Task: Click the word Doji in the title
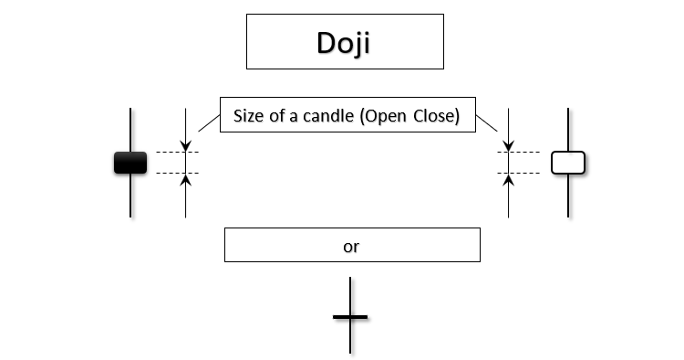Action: click(343, 43)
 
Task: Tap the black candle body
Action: click(130, 163)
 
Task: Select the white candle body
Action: click(568, 163)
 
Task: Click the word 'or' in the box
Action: click(352, 246)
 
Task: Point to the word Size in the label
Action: click(251, 116)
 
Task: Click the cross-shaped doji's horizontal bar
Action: click(351, 317)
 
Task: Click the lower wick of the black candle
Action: click(130, 196)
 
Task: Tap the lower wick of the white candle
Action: click(568, 196)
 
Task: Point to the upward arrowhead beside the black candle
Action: click(185, 179)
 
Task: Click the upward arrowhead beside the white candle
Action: click(509, 179)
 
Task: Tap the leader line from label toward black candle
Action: click(209, 123)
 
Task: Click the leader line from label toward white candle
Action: click(488, 122)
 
